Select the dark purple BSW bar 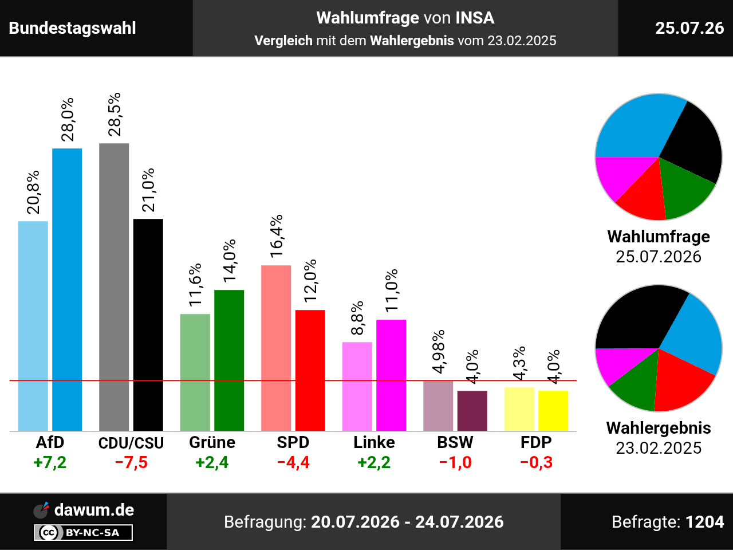pyautogui.click(x=472, y=411)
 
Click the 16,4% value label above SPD pyautogui.click(x=276, y=237)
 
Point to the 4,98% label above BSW pyautogui.click(x=438, y=352)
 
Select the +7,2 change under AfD pyautogui.click(x=50, y=462)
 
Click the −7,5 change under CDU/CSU pyautogui.click(x=131, y=462)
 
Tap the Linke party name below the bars pyautogui.click(x=374, y=442)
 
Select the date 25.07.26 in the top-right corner pyautogui.click(x=689, y=28)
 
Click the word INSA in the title pyautogui.click(x=475, y=18)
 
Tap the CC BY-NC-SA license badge pyautogui.click(x=83, y=532)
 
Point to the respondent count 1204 pyautogui.click(x=704, y=522)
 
